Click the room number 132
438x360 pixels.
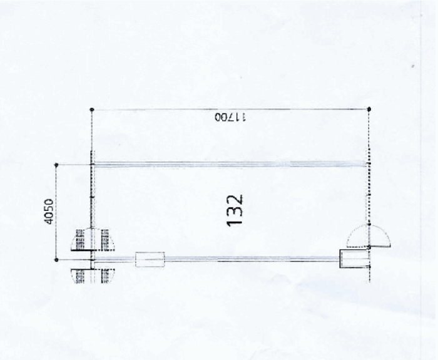[235, 210]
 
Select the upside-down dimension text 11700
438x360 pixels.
[230, 117]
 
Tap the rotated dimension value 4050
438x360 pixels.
[49, 212]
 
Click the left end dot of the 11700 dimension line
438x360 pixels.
[92, 110]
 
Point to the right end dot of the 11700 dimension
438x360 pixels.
[369, 109]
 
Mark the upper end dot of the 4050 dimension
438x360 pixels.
[56, 165]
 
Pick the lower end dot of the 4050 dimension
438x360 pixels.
[56, 260]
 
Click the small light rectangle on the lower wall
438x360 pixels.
[150, 259]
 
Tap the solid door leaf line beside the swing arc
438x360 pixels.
[380, 246]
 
